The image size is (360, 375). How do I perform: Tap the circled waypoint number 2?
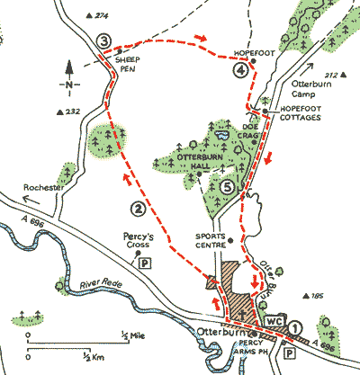[x=138, y=210]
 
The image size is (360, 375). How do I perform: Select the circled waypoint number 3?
[x=105, y=41]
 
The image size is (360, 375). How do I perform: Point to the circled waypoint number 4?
[x=240, y=72]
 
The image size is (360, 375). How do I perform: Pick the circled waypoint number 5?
[x=229, y=186]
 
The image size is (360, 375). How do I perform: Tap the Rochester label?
[x=43, y=186]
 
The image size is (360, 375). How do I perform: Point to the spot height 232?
[x=71, y=112]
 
